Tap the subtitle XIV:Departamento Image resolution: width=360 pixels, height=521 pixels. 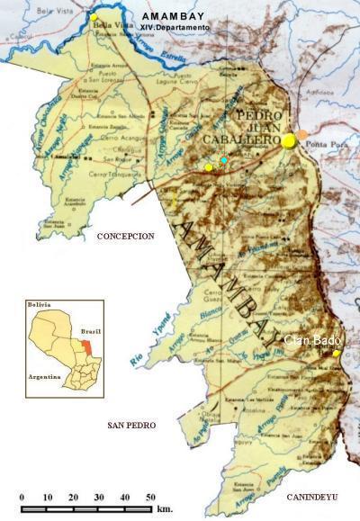[175, 28]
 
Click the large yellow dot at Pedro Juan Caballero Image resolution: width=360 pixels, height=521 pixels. [289, 140]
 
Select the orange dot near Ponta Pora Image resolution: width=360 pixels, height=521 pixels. [302, 135]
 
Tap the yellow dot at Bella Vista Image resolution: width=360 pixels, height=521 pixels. [94, 17]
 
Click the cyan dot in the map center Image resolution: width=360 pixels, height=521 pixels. [224, 159]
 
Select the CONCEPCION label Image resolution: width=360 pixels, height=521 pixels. [126, 236]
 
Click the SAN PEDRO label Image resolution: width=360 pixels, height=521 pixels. [131, 425]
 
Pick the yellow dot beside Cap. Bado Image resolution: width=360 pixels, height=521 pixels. [337, 354]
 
